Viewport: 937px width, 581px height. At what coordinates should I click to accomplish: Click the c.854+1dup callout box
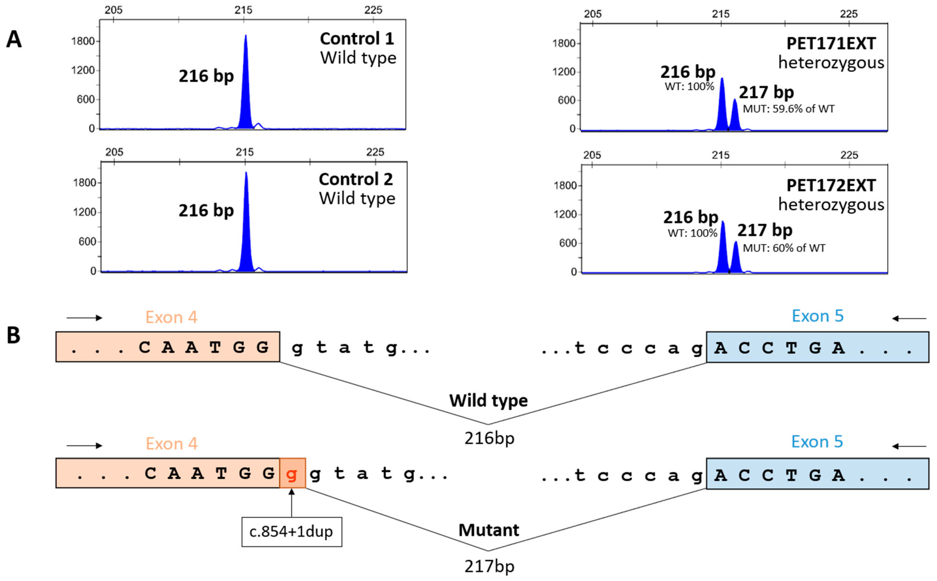pyautogui.click(x=291, y=532)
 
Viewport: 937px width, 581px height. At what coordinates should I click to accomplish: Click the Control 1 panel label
pyautogui.click(x=357, y=38)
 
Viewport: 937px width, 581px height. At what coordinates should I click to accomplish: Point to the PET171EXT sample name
pyautogui.click(x=831, y=43)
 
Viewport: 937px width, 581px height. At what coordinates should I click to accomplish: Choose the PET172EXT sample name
pyautogui.click(x=831, y=186)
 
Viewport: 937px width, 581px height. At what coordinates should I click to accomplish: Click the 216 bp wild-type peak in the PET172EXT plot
pyautogui.click(x=723, y=250)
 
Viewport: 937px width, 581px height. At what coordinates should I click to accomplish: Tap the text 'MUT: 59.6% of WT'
pyautogui.click(x=788, y=109)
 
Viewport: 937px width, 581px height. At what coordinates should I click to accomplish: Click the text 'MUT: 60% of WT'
pyautogui.click(x=784, y=248)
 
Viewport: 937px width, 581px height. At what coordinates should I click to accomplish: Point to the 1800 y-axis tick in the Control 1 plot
pyautogui.click(x=83, y=41)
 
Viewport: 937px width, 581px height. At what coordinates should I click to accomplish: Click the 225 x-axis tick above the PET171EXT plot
pyautogui.click(x=849, y=14)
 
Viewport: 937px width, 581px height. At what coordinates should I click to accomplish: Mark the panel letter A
pyautogui.click(x=14, y=40)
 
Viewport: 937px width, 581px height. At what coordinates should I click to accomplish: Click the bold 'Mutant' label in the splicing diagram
pyautogui.click(x=489, y=530)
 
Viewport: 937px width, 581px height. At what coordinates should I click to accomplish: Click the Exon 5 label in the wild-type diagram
pyautogui.click(x=817, y=316)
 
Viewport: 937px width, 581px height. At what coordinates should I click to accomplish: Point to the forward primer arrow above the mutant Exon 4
pyautogui.click(x=84, y=446)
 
